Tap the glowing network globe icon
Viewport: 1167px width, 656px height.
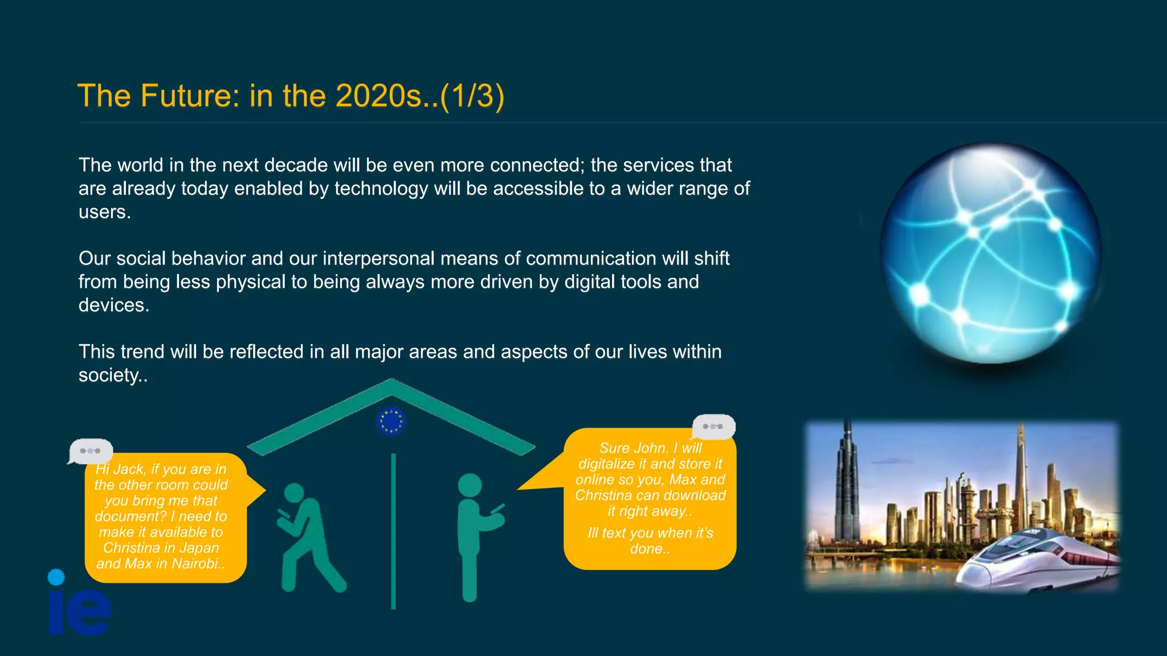[990, 253]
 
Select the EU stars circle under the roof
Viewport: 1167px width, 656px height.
[391, 421]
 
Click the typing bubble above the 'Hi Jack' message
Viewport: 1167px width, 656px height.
[91, 451]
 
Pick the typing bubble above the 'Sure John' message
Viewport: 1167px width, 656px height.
[713, 426]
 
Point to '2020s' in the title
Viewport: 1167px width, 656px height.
[378, 96]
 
